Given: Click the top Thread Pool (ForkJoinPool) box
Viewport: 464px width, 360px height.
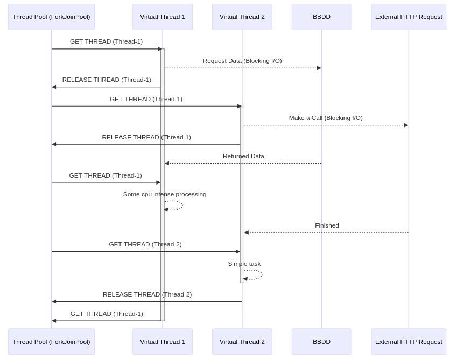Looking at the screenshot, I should coord(51,17).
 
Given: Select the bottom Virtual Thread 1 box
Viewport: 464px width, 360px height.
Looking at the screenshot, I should coord(163,342).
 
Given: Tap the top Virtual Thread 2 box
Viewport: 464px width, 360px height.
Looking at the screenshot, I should coord(242,17).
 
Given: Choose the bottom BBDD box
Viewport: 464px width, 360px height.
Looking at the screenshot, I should coord(321,342).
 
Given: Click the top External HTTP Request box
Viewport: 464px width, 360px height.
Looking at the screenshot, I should coord(409,17).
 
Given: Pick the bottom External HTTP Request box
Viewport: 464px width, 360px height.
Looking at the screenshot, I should coord(409,342).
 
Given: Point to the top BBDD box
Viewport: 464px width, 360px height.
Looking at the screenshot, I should coord(321,17).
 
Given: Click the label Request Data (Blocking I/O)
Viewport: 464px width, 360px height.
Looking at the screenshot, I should coord(242,61).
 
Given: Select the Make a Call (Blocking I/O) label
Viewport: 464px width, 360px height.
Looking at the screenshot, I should coord(326,118).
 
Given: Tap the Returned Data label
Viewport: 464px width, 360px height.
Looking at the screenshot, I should coord(243,156).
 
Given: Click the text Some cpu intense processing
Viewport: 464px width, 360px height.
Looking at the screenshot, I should coord(165,194).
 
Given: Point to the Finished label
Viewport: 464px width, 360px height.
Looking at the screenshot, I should coord(327,225).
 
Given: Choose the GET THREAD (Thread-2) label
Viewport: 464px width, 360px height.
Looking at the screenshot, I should coord(145,244).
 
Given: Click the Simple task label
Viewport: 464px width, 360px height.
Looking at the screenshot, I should coord(244,264).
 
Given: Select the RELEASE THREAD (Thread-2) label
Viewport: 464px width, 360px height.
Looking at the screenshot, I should coord(147,294).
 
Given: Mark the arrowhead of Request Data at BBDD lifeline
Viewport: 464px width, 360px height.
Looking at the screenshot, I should coord(319,68).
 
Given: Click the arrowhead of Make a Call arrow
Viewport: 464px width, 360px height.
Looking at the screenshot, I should coord(406,125).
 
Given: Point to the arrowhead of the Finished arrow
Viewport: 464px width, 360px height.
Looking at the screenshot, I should coord(247,232).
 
